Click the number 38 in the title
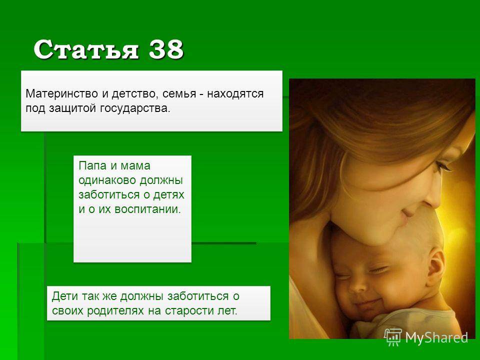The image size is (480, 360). tap(166, 49)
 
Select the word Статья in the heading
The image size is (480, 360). tap(86, 49)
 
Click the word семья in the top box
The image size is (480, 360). tap(179, 93)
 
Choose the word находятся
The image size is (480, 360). tap(235, 93)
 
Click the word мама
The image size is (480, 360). tap(135, 166)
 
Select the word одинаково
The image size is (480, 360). tap(107, 180)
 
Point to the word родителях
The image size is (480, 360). tap(115, 310)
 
